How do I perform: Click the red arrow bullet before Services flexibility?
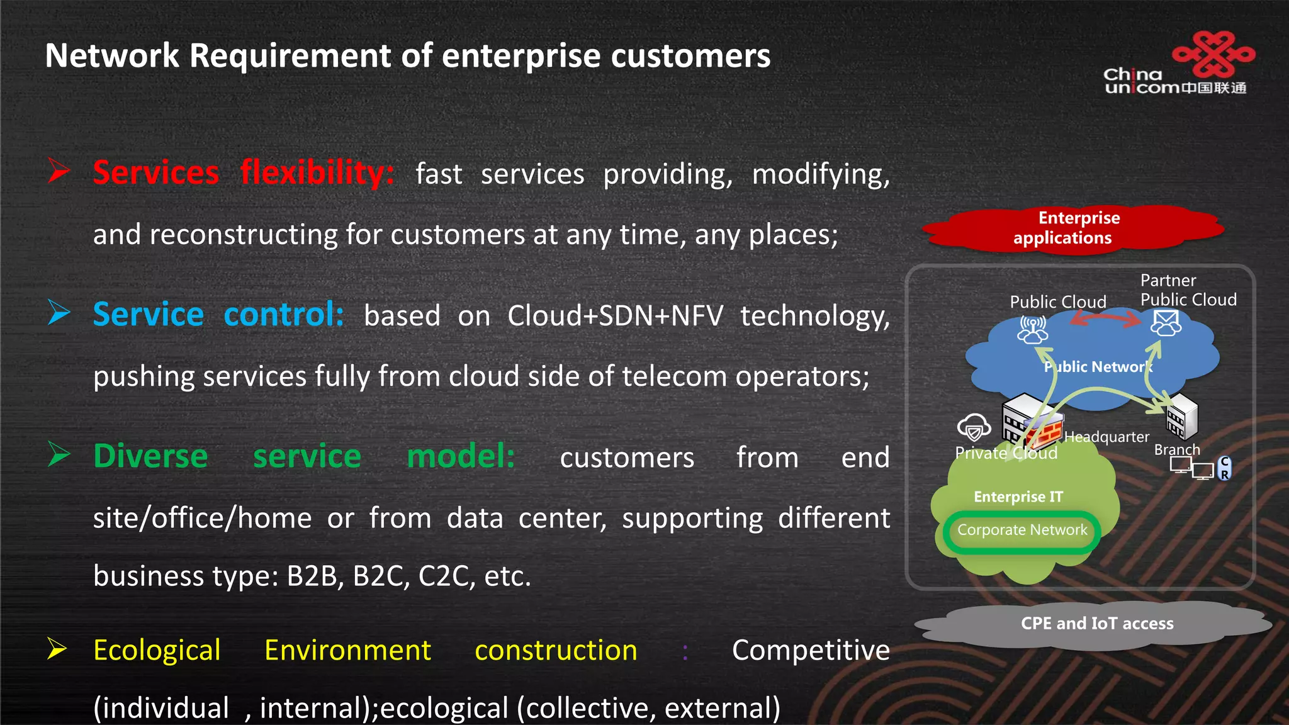point(59,171)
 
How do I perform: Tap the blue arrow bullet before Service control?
point(59,312)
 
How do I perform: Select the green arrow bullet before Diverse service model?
point(59,454)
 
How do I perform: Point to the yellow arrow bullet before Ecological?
point(57,648)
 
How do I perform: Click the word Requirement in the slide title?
point(290,55)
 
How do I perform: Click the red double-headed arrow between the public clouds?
point(1105,320)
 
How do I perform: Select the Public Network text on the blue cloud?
point(1098,367)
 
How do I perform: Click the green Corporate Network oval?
point(1022,531)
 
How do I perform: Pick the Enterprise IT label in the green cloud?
point(1018,497)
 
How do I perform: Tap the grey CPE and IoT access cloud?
point(1096,624)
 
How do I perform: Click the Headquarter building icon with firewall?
point(1031,422)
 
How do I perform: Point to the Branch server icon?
point(1181,416)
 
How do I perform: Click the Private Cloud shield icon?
point(974,428)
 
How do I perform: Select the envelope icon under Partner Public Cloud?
point(1166,323)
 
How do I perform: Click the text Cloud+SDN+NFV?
point(615,316)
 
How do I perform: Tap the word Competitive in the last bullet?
point(810,650)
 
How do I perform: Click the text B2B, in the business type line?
point(315,576)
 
